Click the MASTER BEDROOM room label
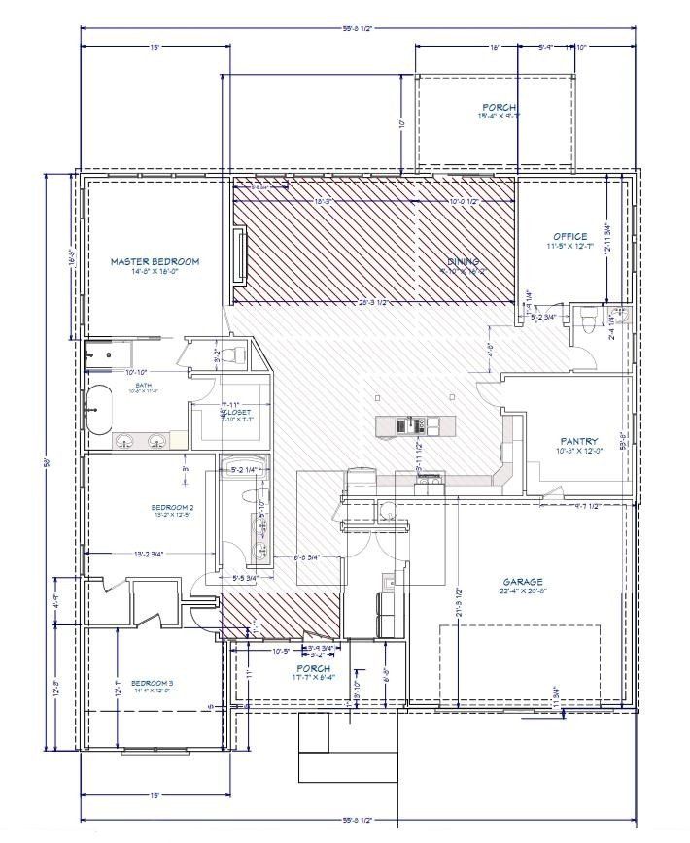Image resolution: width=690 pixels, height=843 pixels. (155, 261)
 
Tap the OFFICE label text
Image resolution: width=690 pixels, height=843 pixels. (569, 237)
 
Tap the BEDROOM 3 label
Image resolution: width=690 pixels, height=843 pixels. (152, 683)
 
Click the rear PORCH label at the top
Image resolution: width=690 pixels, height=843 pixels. (500, 107)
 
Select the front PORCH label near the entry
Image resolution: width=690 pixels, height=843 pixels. (313, 669)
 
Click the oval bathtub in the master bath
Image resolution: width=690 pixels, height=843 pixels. (98, 407)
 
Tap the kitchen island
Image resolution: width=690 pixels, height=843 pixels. (415, 423)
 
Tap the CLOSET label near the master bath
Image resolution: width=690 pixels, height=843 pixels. (234, 412)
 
